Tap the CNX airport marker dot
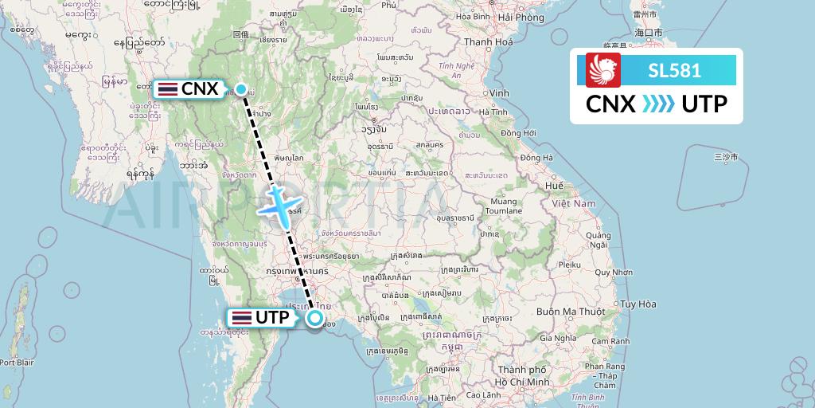[240, 89]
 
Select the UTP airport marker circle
[315, 318]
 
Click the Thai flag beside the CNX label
[168, 89]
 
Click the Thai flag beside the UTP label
[240, 318]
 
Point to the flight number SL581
[674, 70]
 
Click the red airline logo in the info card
[602, 70]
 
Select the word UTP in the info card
[704, 104]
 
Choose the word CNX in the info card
[610, 104]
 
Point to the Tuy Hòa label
[638, 304]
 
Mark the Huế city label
[555, 185]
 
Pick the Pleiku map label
[570, 262]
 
